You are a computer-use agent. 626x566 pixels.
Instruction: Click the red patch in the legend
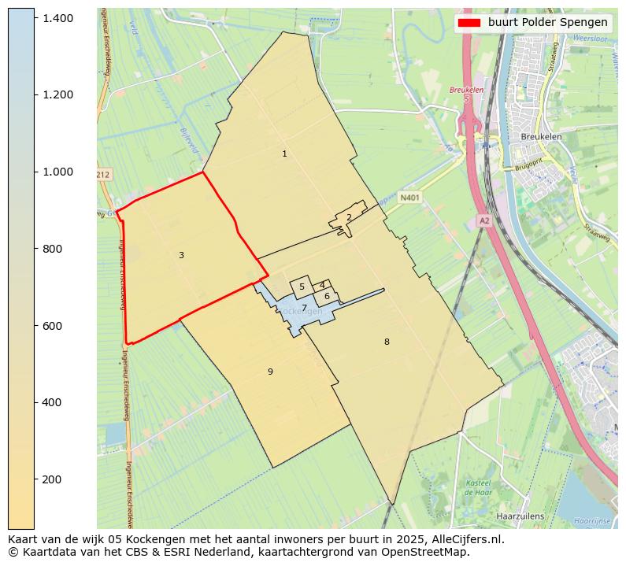point(469,23)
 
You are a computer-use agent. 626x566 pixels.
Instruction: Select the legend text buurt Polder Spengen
point(547,23)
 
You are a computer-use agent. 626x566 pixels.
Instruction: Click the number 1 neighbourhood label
point(284,154)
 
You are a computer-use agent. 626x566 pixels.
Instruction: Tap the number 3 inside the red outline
point(181,255)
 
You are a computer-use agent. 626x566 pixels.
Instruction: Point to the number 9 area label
point(270,372)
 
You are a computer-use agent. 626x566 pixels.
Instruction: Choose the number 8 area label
point(387,342)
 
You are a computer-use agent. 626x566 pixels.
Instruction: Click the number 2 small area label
point(349,218)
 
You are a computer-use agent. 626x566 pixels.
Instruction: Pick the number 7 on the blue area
point(304,308)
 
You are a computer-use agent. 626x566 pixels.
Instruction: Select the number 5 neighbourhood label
point(302,287)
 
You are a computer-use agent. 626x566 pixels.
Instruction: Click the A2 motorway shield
point(484,221)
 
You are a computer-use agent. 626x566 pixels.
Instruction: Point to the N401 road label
point(409,198)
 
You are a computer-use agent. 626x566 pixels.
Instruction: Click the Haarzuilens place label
point(520,516)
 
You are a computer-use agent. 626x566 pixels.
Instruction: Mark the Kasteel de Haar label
point(478,487)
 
